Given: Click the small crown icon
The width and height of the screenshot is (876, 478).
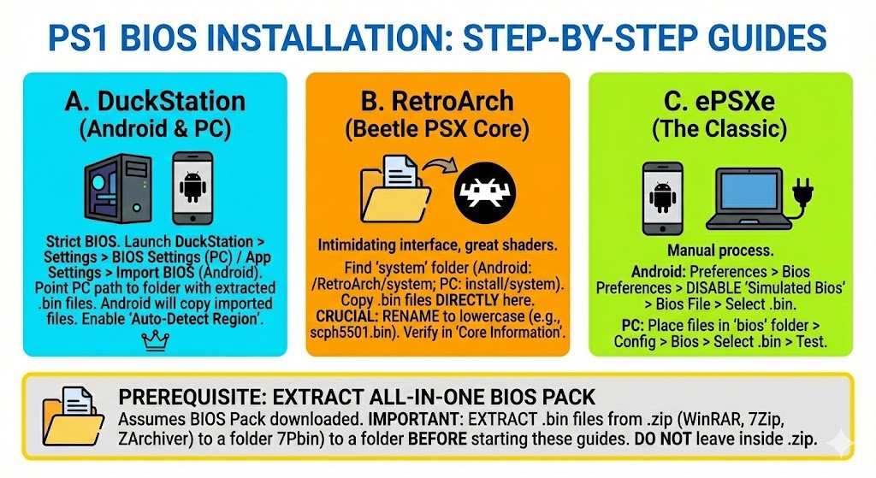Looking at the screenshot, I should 155,343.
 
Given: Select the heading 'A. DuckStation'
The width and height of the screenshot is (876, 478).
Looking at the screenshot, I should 155,102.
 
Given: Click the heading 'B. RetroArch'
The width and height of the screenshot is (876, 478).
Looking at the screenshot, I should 437,102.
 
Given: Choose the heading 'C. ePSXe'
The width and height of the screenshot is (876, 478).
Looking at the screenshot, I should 720,102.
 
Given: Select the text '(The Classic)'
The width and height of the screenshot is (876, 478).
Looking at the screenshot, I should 720,129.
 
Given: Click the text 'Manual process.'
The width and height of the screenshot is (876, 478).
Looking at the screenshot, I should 720,252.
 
